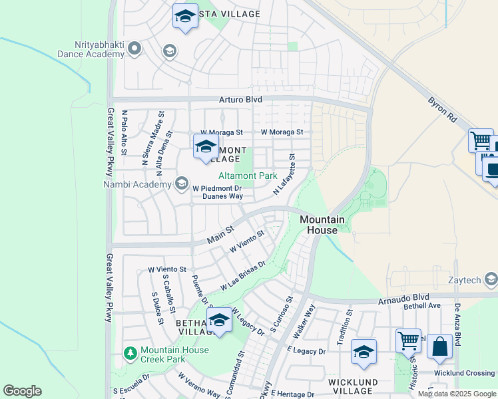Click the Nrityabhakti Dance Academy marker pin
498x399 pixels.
pyautogui.click(x=134, y=48)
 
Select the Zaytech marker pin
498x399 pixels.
pyautogui.click(x=491, y=279)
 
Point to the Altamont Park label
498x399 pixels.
pyautogui.click(x=248, y=176)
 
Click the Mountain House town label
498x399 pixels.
pyautogui.click(x=322, y=224)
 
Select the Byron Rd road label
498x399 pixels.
pyautogui.click(x=443, y=109)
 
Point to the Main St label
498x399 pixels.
pyautogui.click(x=220, y=234)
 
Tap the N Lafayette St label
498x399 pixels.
pyautogui.click(x=284, y=174)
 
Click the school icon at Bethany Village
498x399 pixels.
pyautogui.click(x=219, y=320)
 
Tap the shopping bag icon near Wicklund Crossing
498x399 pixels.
pyautogui.click(x=439, y=346)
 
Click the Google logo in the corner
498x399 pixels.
pyautogui.click(x=22, y=391)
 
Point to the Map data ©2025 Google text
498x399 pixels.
pyautogui.click(x=456, y=394)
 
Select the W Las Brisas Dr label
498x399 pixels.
pyautogui.click(x=243, y=275)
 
